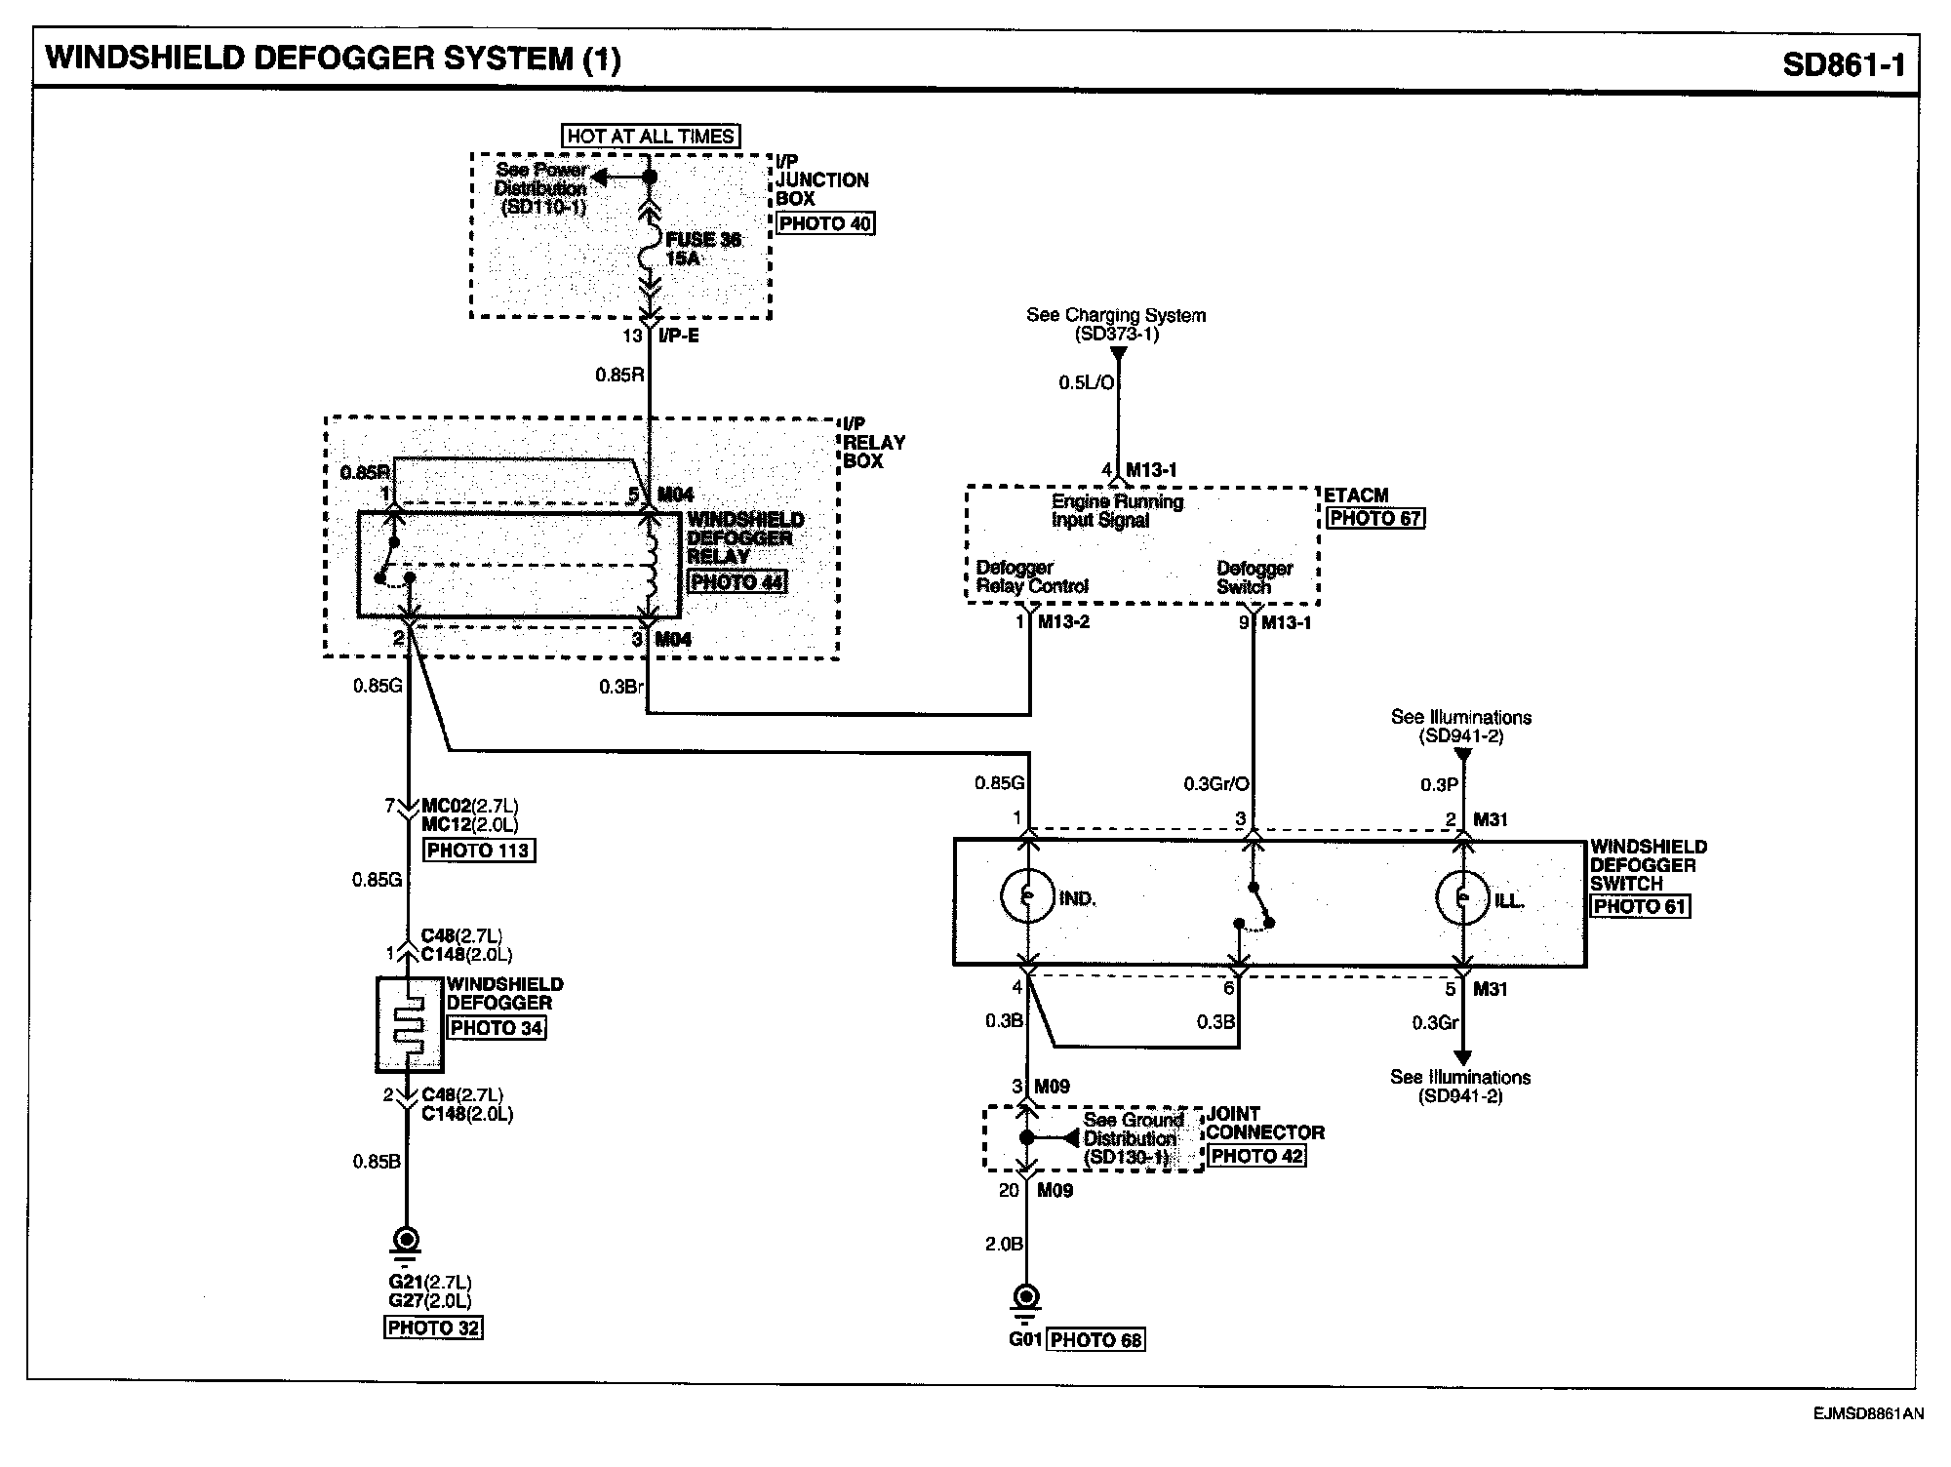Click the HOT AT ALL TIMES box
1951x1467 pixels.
coord(651,137)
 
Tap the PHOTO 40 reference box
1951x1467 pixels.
coord(825,223)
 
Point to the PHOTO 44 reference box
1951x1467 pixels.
coord(737,582)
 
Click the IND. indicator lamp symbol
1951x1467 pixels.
coord(1026,897)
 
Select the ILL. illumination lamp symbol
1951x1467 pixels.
coord(1461,897)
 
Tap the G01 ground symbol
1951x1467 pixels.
coord(1026,1298)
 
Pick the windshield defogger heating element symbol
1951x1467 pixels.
coord(410,1024)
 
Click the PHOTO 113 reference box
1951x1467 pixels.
coord(478,851)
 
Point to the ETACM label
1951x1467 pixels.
coord(1356,496)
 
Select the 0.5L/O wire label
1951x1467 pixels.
coord(1086,383)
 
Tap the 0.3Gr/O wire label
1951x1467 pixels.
coord(1215,783)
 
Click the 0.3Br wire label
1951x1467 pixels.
coord(621,687)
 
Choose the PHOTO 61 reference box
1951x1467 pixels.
coord(1640,906)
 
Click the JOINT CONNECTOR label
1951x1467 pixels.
coord(1265,1123)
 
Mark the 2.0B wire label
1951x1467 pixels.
coord(1003,1244)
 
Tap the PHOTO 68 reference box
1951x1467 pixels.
coord(1095,1340)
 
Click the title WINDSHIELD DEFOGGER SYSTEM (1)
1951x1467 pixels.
coord(333,59)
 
